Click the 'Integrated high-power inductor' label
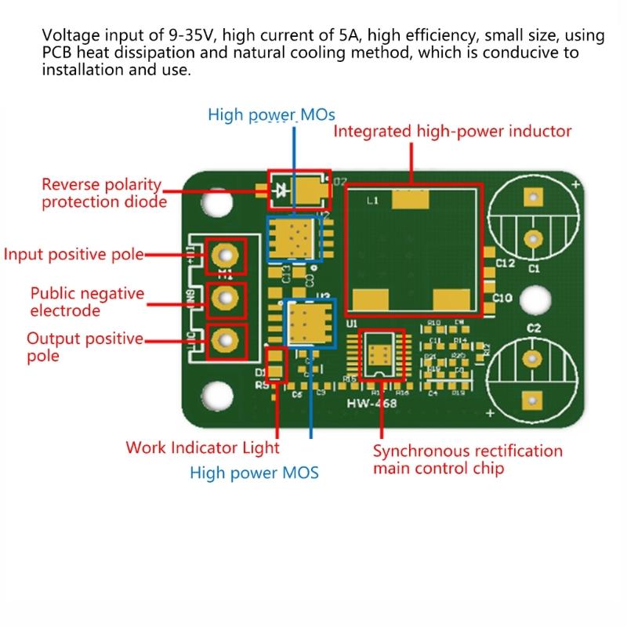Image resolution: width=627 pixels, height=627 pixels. click(453, 131)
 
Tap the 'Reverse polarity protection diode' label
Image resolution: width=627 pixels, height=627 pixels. click(103, 194)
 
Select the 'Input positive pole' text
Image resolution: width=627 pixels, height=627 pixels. click(74, 255)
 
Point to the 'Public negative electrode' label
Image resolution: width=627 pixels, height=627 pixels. click(87, 302)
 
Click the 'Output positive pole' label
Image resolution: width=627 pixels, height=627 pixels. click(85, 347)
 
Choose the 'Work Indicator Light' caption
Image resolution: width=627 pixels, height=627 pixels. click(202, 448)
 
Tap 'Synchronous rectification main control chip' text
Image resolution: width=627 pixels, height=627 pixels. click(467, 460)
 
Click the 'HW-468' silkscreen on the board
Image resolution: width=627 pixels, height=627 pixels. click(371, 404)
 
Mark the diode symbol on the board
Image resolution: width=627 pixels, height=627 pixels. click(281, 188)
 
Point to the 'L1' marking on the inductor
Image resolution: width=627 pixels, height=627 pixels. click(373, 201)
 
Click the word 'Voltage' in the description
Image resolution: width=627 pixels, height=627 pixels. click(68, 35)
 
